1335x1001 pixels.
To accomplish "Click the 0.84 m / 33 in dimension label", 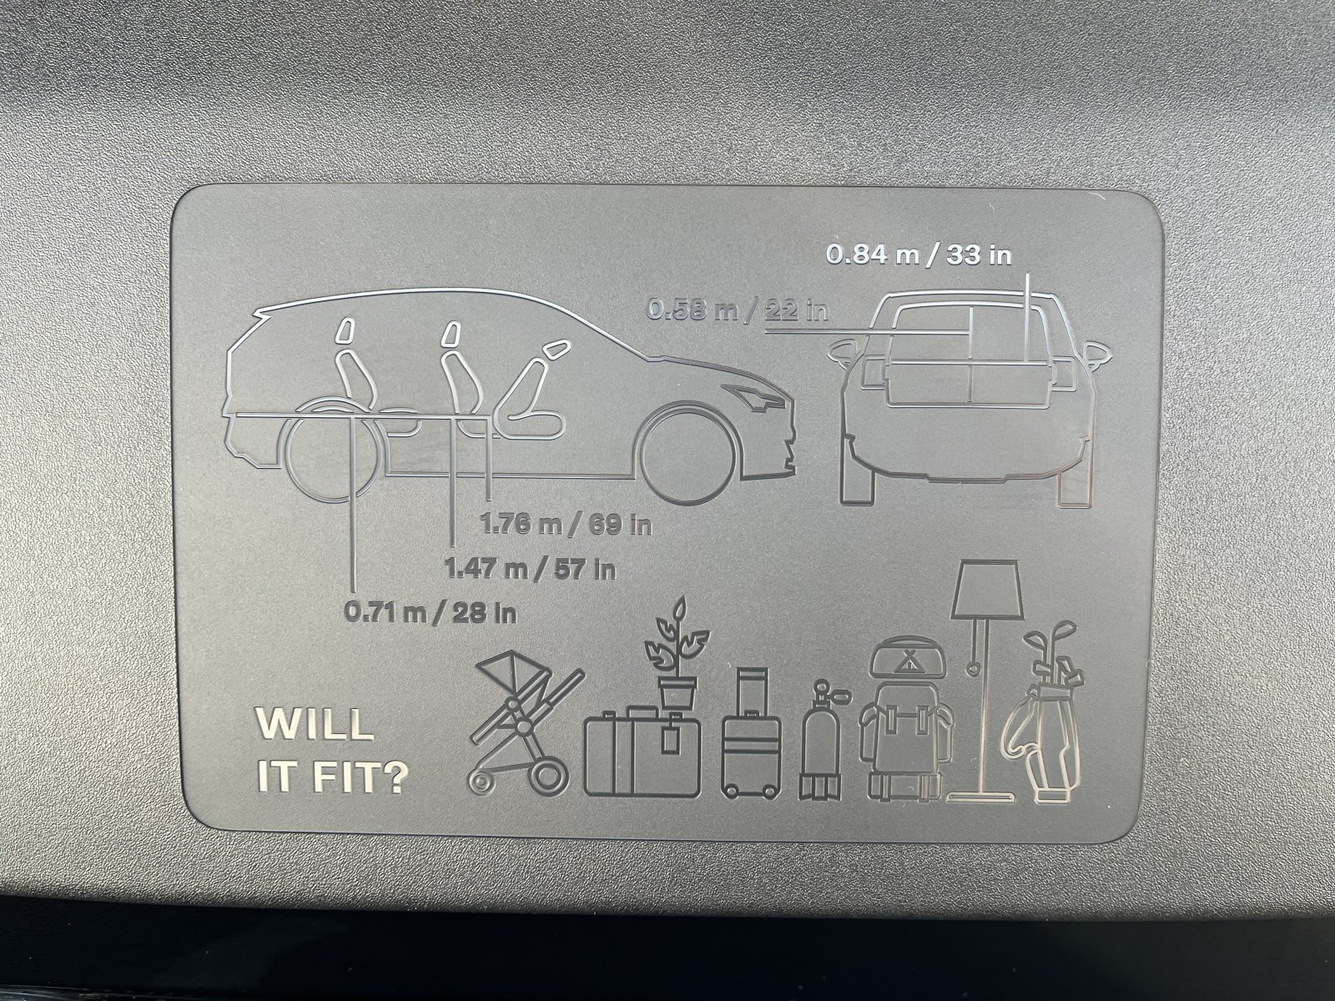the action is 919,255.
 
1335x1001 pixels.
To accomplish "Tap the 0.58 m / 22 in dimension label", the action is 737,310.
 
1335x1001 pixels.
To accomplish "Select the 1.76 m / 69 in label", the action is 566,525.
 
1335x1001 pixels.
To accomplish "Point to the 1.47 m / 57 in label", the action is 531,569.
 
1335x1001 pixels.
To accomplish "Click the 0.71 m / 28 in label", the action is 430,612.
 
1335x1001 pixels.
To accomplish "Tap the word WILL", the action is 315,724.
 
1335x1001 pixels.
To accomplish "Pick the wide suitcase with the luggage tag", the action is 642,751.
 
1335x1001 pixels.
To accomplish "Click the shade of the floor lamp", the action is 988,588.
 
